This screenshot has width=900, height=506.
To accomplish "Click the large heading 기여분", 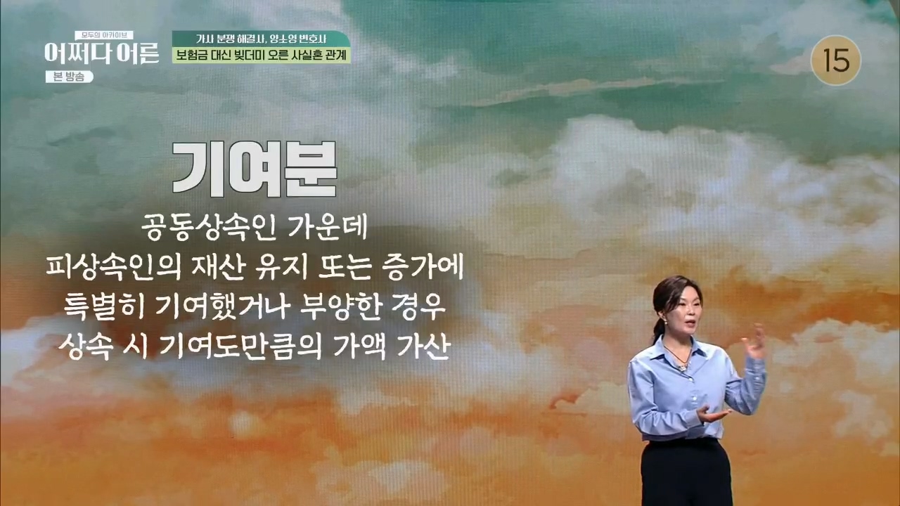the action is (x=255, y=170).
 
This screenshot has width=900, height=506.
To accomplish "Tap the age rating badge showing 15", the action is (x=836, y=61).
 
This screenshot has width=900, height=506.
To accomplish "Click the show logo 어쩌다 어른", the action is (x=102, y=54).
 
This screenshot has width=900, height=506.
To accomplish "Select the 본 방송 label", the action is (x=69, y=77).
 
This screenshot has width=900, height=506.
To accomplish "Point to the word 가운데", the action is (x=328, y=228).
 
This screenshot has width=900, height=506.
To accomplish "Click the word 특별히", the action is (x=103, y=307).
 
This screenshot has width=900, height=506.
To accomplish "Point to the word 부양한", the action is (x=341, y=307).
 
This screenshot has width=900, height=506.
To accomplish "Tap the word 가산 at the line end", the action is (x=423, y=346).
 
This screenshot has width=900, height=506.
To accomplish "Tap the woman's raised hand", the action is (x=754, y=342).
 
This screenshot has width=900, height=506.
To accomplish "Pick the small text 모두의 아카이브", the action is (x=104, y=35).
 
